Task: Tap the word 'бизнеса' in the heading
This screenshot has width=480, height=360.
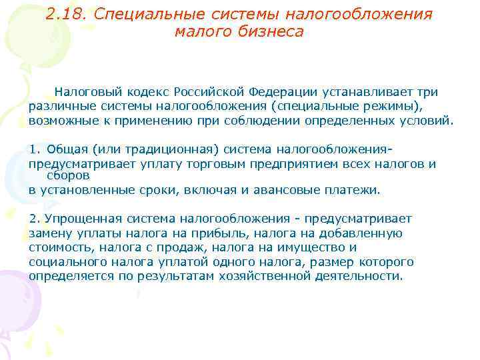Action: (271, 31)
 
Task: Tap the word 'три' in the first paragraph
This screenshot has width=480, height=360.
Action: (427, 91)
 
